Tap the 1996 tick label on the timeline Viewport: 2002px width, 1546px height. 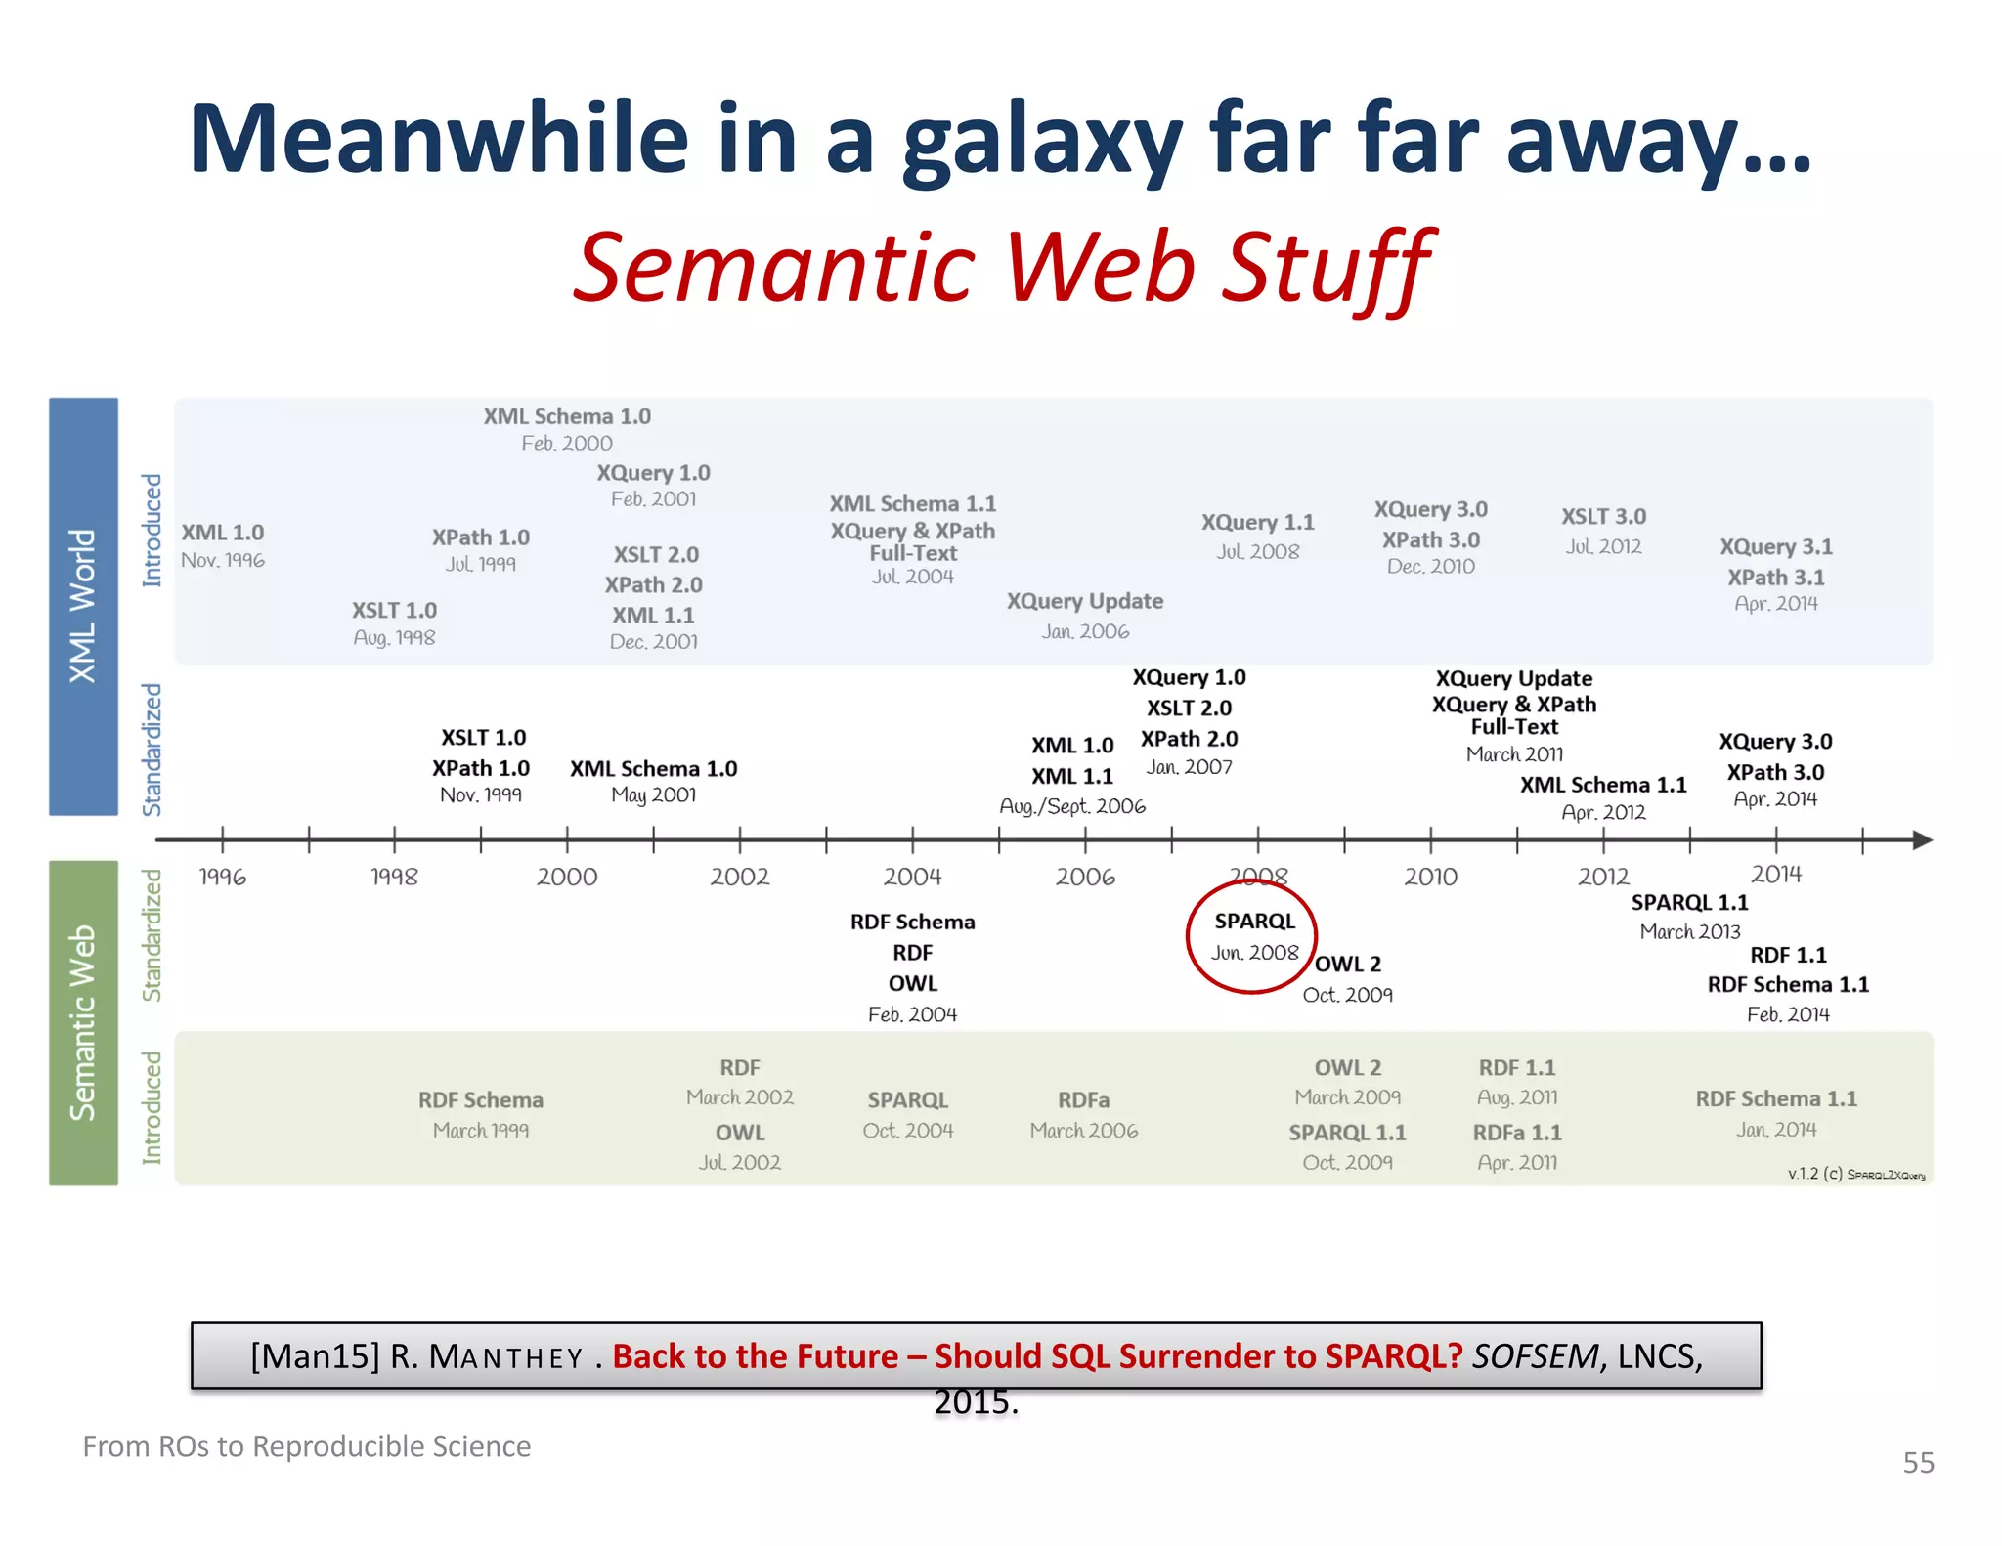click(x=222, y=877)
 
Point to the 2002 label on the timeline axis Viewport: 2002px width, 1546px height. click(x=739, y=877)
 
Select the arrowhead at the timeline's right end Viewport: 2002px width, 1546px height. click(x=1922, y=839)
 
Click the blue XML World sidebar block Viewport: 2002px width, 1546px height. click(x=83, y=606)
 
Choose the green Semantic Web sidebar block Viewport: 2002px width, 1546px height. click(x=83, y=1022)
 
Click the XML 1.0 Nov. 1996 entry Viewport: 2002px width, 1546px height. click(x=223, y=545)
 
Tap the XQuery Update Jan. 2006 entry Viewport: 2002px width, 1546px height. click(x=1085, y=616)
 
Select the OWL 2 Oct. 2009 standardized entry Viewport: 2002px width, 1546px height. click(x=1348, y=978)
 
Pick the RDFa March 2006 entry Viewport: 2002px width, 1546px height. click(x=1084, y=1114)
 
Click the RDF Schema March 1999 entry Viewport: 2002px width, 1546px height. click(x=481, y=1114)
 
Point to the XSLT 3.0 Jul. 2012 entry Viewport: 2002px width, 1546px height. click(x=1603, y=531)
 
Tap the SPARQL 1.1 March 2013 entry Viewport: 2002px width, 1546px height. click(x=1690, y=916)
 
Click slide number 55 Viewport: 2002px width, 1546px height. click(x=1918, y=1462)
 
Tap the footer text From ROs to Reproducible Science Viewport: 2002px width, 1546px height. click(x=306, y=1445)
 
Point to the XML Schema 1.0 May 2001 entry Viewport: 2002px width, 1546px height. click(x=654, y=781)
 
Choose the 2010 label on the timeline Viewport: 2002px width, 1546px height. click(x=1430, y=877)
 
